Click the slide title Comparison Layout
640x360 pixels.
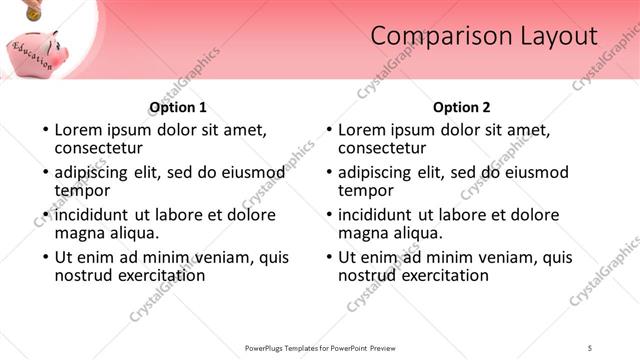(484, 37)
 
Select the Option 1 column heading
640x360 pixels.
(178, 107)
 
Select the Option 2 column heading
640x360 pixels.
(462, 107)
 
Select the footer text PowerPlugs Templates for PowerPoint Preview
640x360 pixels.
(320, 347)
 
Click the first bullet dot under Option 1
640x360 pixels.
(44, 130)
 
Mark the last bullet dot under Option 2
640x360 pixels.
(328, 257)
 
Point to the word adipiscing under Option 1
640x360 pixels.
(92, 172)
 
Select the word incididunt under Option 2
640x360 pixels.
(376, 215)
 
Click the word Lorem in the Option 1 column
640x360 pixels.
(77, 129)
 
